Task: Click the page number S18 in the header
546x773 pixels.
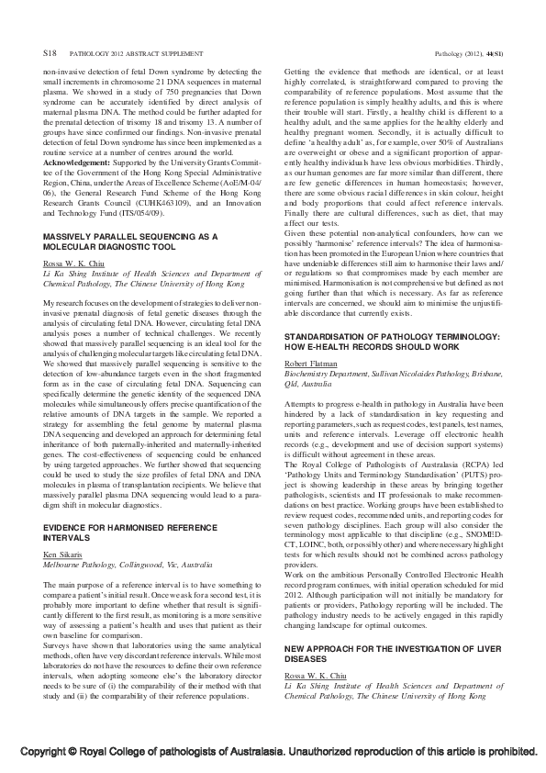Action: pyautogui.click(x=50, y=56)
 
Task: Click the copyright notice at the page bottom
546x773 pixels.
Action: pyautogui.click(x=273, y=750)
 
